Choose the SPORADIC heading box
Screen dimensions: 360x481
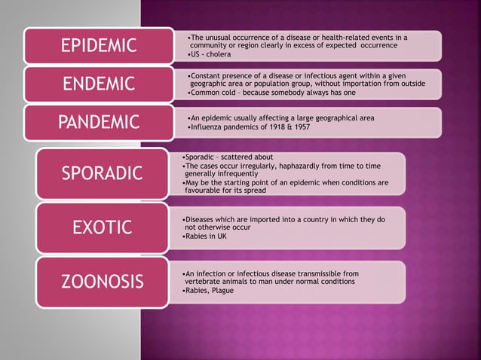(103, 174)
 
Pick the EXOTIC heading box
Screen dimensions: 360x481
(103, 227)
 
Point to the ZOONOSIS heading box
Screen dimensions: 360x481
(103, 282)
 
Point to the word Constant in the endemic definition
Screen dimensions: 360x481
(204, 77)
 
